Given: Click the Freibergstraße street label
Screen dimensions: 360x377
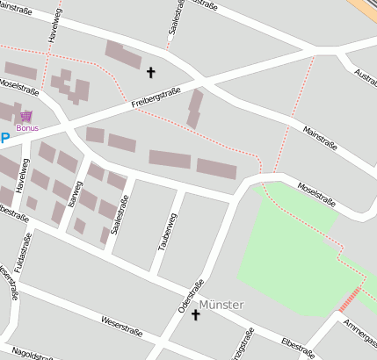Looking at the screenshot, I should point(156,97).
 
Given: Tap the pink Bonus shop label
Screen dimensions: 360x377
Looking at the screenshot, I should point(27,128).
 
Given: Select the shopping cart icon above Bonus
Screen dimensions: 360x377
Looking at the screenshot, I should point(26,116).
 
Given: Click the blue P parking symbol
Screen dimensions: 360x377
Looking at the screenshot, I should point(4,138).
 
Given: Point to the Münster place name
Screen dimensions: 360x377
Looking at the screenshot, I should point(221,305).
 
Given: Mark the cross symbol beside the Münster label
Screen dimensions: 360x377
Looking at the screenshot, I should point(195,314).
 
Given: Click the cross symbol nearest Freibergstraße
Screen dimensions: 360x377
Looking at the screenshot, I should point(150,73).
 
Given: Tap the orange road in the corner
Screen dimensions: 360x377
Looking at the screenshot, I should point(365,9).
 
